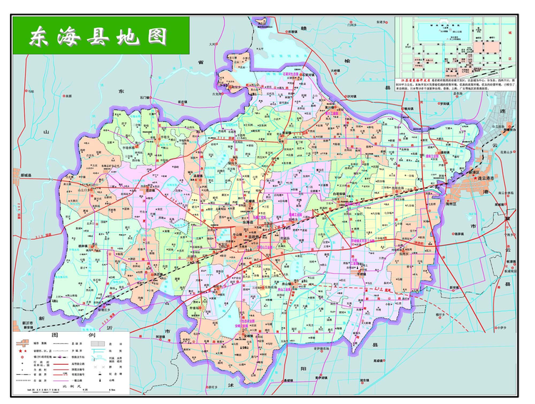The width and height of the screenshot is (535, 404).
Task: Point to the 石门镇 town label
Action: pyautogui.click(x=146, y=96)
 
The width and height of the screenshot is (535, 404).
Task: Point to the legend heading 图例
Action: pyautogui.click(x=71, y=335)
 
